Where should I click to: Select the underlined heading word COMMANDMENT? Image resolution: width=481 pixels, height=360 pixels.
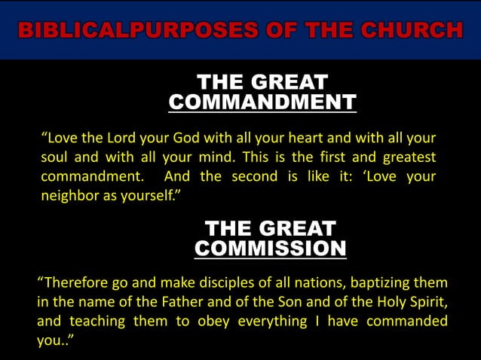(x=262, y=102)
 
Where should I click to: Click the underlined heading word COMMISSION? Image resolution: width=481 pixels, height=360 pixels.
(x=270, y=249)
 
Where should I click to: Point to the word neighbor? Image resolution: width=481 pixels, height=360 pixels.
(x=67, y=196)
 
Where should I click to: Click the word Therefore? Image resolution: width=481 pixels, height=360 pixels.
(x=74, y=283)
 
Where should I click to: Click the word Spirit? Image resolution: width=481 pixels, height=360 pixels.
(x=424, y=303)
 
